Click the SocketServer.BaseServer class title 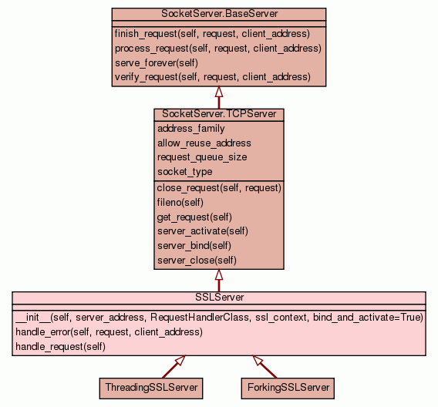(219, 14)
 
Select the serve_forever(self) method (157, 62)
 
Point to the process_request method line (218, 49)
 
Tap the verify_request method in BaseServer (213, 77)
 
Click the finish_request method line (212, 34)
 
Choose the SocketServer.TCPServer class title (219, 114)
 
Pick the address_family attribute (191, 129)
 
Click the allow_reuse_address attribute (204, 143)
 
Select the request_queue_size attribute (202, 157)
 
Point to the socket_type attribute (184, 172)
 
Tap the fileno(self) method (180, 202)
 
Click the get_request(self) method (194, 217)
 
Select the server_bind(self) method (194, 246)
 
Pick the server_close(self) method (197, 261)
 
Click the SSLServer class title (219, 297)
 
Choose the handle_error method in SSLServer (109, 332)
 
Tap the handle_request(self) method (61, 346)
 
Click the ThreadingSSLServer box (151, 388)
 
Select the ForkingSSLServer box (288, 388)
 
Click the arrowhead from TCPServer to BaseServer (219, 92)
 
